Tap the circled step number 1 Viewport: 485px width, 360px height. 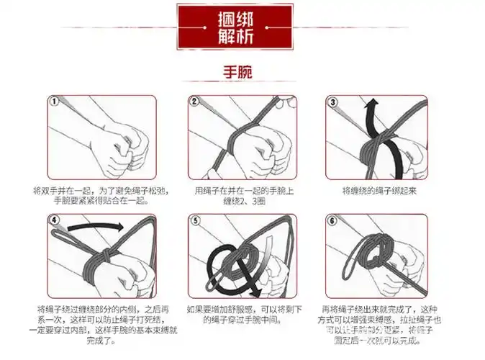[54, 102]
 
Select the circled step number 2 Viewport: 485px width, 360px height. [194, 102]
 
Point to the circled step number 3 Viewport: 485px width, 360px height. [332, 102]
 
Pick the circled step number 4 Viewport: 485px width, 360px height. [54, 221]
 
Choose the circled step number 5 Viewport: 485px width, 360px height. [194, 221]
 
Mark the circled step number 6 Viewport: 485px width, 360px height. [332, 221]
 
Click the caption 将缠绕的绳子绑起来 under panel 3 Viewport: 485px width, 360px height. [379, 191]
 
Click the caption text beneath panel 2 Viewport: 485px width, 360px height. [237, 196]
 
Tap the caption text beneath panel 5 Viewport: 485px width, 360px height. [237, 314]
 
